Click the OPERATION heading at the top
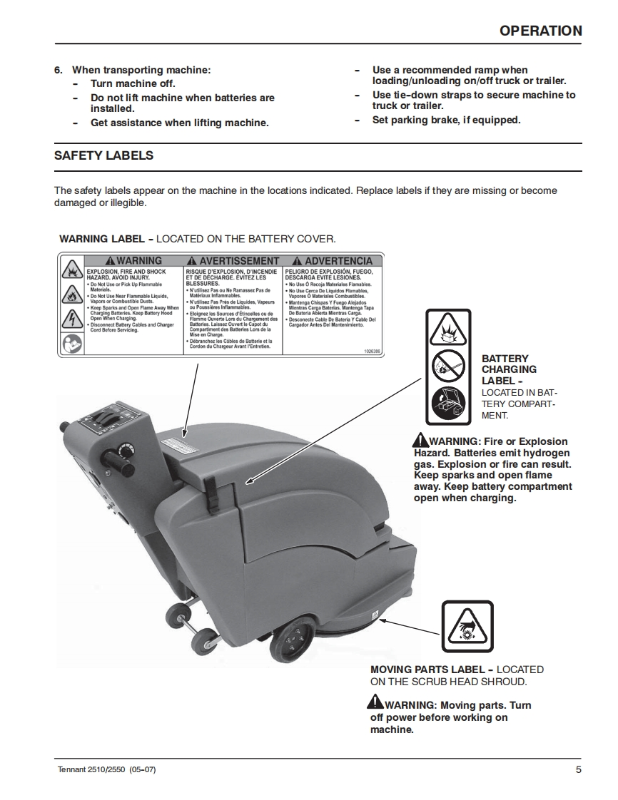540,31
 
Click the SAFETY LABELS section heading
103,155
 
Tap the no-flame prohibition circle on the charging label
448,367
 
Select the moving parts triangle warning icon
467,625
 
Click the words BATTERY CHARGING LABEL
509,369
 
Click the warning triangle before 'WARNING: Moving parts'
376,702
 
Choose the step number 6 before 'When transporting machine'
59,71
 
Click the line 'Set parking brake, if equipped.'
446,120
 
